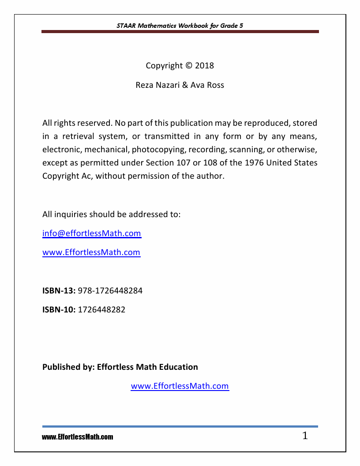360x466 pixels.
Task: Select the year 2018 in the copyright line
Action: [204, 66]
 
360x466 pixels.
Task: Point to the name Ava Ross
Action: [207, 85]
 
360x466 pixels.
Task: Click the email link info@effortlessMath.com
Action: [92, 233]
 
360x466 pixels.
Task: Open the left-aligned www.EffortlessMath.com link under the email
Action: [91, 253]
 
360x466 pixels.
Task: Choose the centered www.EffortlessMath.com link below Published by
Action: [180, 386]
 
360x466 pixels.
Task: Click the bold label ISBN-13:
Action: [59, 291]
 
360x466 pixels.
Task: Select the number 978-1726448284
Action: [110, 291]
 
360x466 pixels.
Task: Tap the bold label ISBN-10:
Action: [59, 310]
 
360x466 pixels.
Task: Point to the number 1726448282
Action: [102, 310]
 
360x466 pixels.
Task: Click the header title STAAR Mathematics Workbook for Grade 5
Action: [180, 26]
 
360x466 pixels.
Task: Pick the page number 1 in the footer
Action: [305, 436]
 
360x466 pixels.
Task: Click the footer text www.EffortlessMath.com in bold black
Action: [78, 437]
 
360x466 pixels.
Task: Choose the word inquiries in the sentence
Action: [71, 215]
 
